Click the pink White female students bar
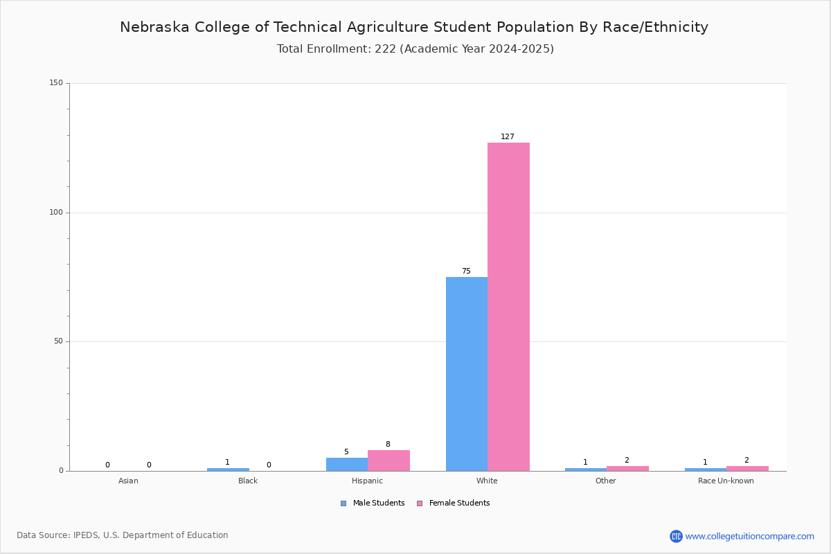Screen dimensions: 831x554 point(508,307)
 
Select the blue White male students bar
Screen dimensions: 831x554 point(467,374)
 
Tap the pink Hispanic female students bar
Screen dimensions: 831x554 point(388,461)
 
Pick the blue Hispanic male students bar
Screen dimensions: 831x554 point(347,465)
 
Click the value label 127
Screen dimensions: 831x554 point(508,136)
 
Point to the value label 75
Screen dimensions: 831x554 point(466,271)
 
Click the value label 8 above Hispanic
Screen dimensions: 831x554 point(388,444)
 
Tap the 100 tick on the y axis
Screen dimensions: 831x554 point(56,212)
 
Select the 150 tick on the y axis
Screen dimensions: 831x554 point(56,82)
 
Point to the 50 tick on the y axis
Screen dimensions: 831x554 point(59,341)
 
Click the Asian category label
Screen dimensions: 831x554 point(128,481)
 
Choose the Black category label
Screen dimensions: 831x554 point(248,481)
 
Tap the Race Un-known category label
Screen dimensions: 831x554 point(726,481)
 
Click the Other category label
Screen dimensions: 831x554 point(606,481)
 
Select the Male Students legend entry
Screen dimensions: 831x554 point(373,503)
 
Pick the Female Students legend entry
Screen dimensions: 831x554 point(454,503)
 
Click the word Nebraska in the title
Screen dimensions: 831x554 point(154,27)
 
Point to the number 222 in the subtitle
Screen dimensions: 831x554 point(386,48)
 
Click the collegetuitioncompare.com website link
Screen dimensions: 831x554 point(750,536)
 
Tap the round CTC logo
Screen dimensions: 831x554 point(677,536)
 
